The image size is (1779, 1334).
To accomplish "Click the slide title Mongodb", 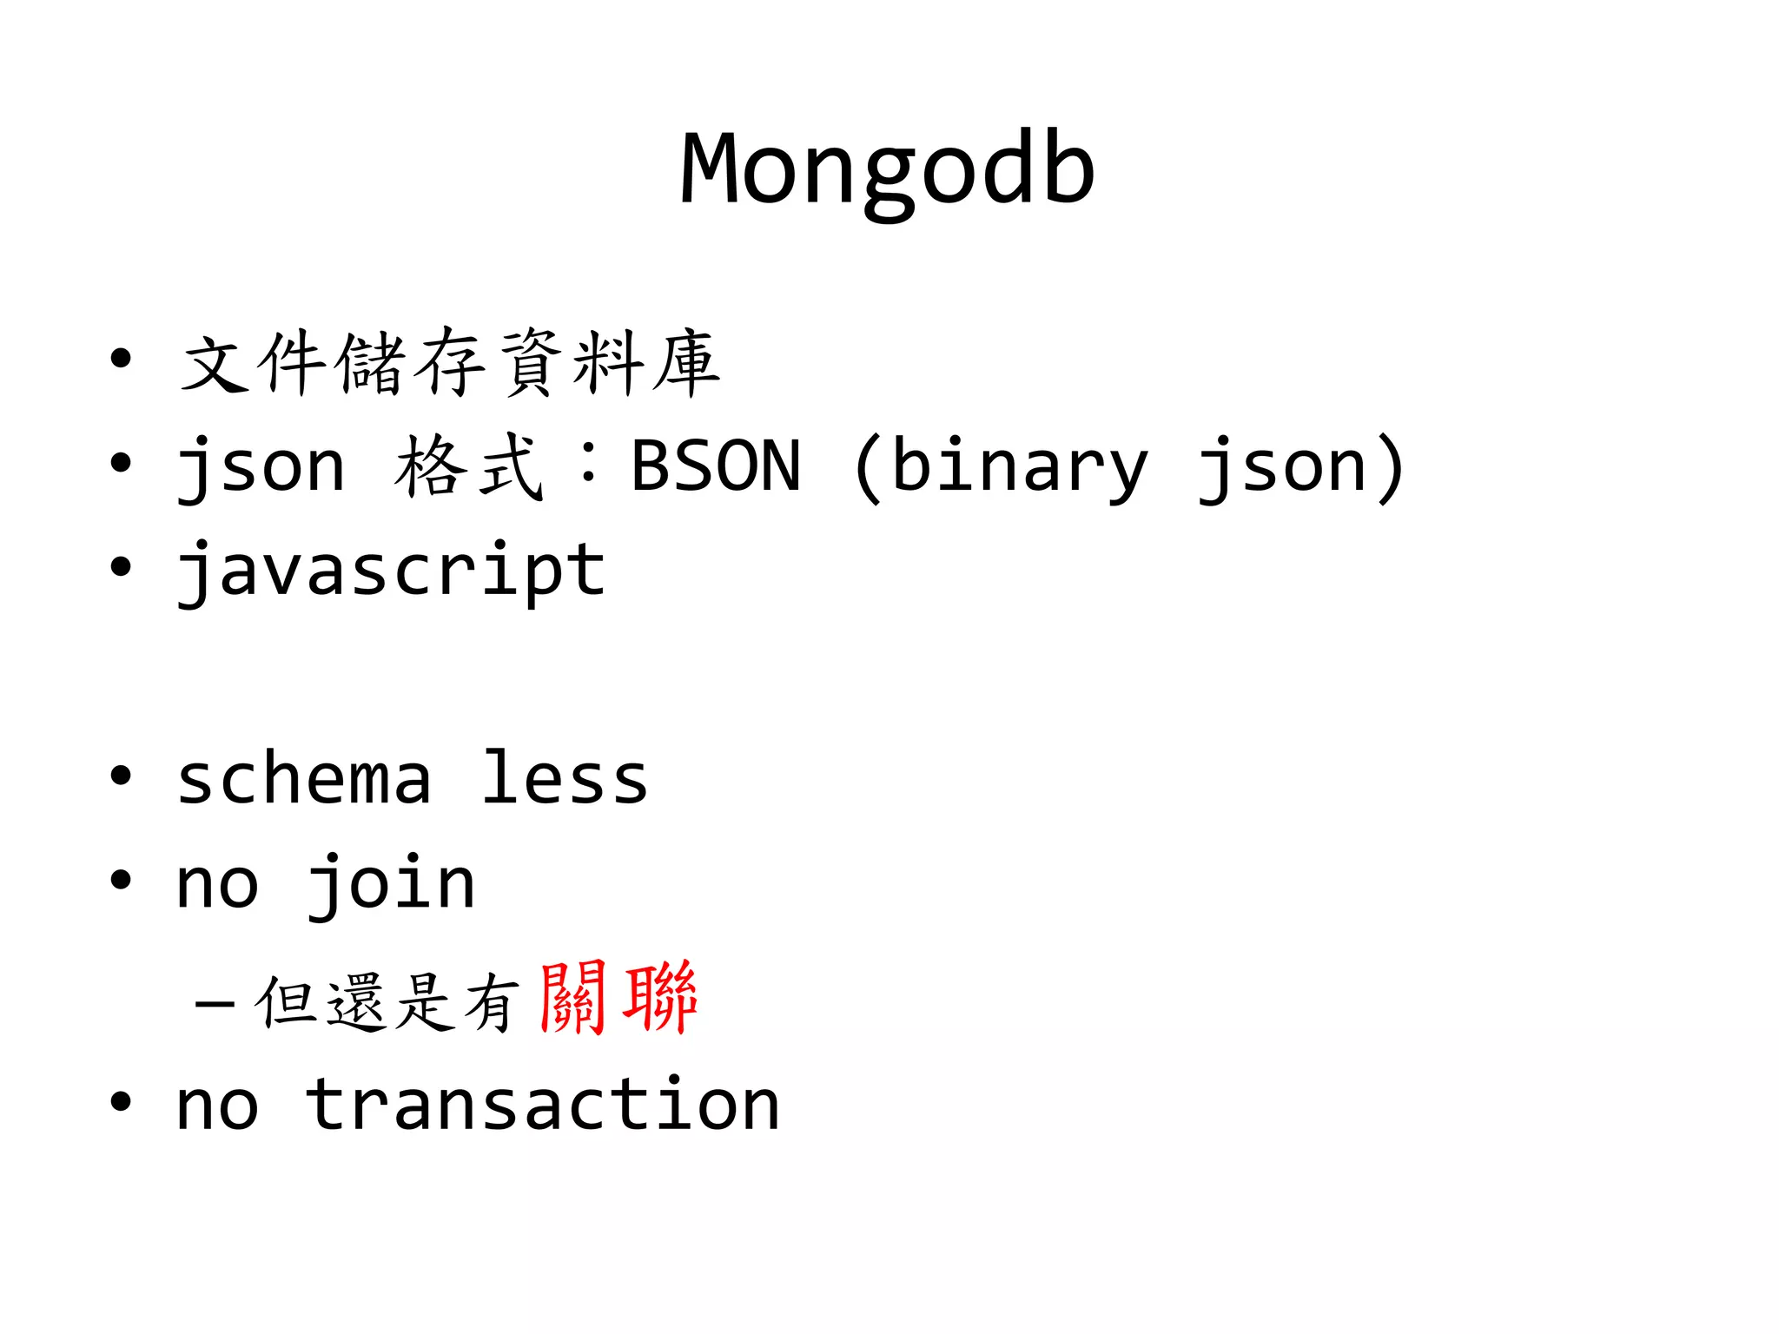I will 887,170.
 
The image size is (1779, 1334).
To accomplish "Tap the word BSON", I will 716,466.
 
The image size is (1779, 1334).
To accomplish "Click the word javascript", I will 391,571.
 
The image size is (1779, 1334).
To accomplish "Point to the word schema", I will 304,779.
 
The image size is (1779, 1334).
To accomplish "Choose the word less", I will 565,777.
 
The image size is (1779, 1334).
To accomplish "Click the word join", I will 391,884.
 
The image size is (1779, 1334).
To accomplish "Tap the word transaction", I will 543,1105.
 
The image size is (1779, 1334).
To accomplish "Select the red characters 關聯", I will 618,998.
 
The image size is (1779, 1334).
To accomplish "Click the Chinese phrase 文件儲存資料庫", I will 450,363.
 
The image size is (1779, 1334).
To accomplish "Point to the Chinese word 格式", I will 469,466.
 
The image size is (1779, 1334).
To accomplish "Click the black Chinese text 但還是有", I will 387,1001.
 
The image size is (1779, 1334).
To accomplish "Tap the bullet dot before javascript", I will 121,567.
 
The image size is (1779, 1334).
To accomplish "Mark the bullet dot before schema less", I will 121,776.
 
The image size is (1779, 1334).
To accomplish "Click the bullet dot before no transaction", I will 121,1102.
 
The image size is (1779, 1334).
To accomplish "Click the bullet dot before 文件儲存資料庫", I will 121,359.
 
